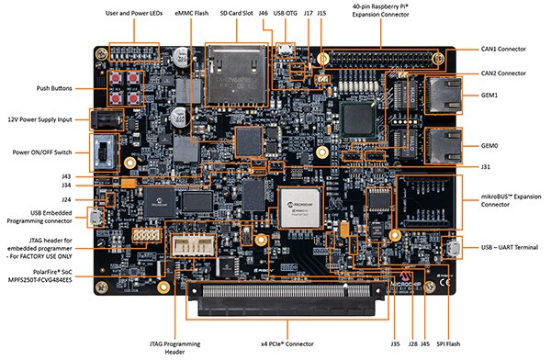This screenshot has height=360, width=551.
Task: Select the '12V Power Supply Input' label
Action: pos(40,119)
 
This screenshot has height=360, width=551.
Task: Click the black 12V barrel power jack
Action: pos(104,120)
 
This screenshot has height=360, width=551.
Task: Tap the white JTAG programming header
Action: pos(197,246)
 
